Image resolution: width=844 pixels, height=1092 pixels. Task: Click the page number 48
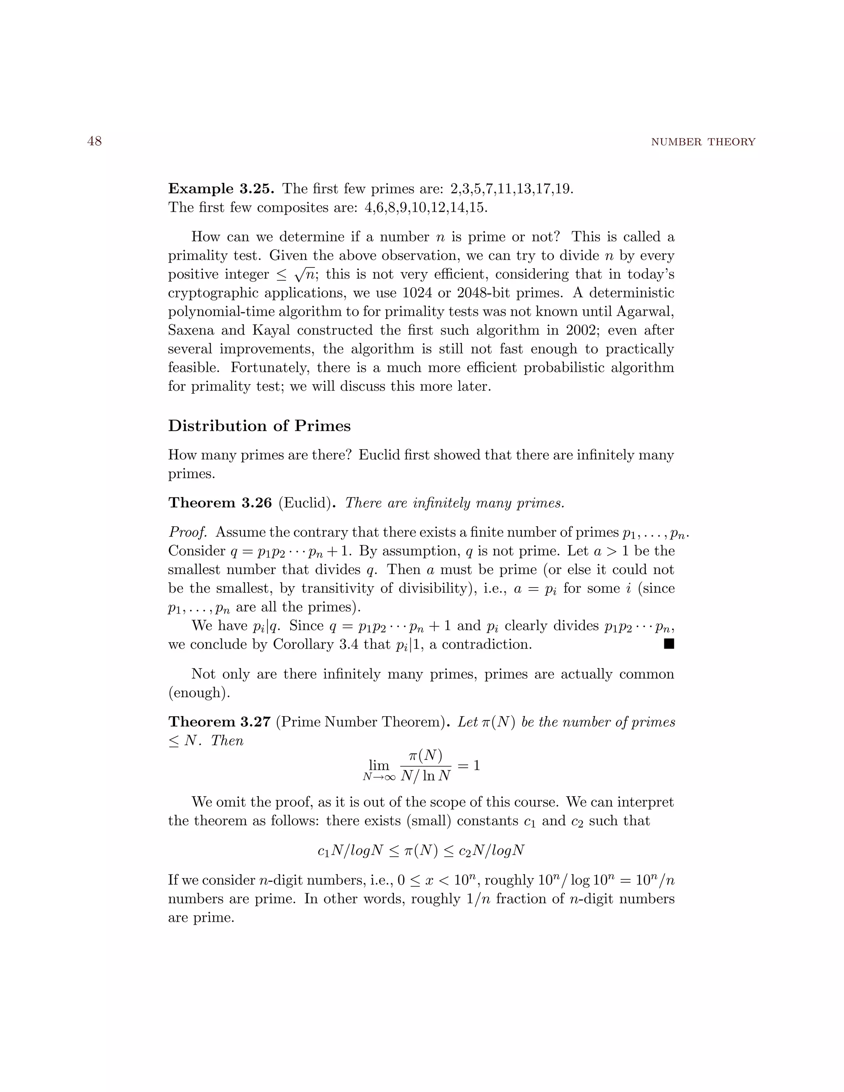click(x=94, y=141)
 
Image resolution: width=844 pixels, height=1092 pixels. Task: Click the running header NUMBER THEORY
click(x=703, y=142)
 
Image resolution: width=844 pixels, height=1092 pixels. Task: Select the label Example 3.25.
click(x=221, y=189)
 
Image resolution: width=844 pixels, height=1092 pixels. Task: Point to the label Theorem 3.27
click(x=220, y=722)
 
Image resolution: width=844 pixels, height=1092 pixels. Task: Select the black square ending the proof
click(x=669, y=644)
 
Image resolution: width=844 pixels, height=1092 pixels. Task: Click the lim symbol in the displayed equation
click(x=378, y=766)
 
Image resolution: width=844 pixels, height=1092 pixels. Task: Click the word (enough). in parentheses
click(x=199, y=693)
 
